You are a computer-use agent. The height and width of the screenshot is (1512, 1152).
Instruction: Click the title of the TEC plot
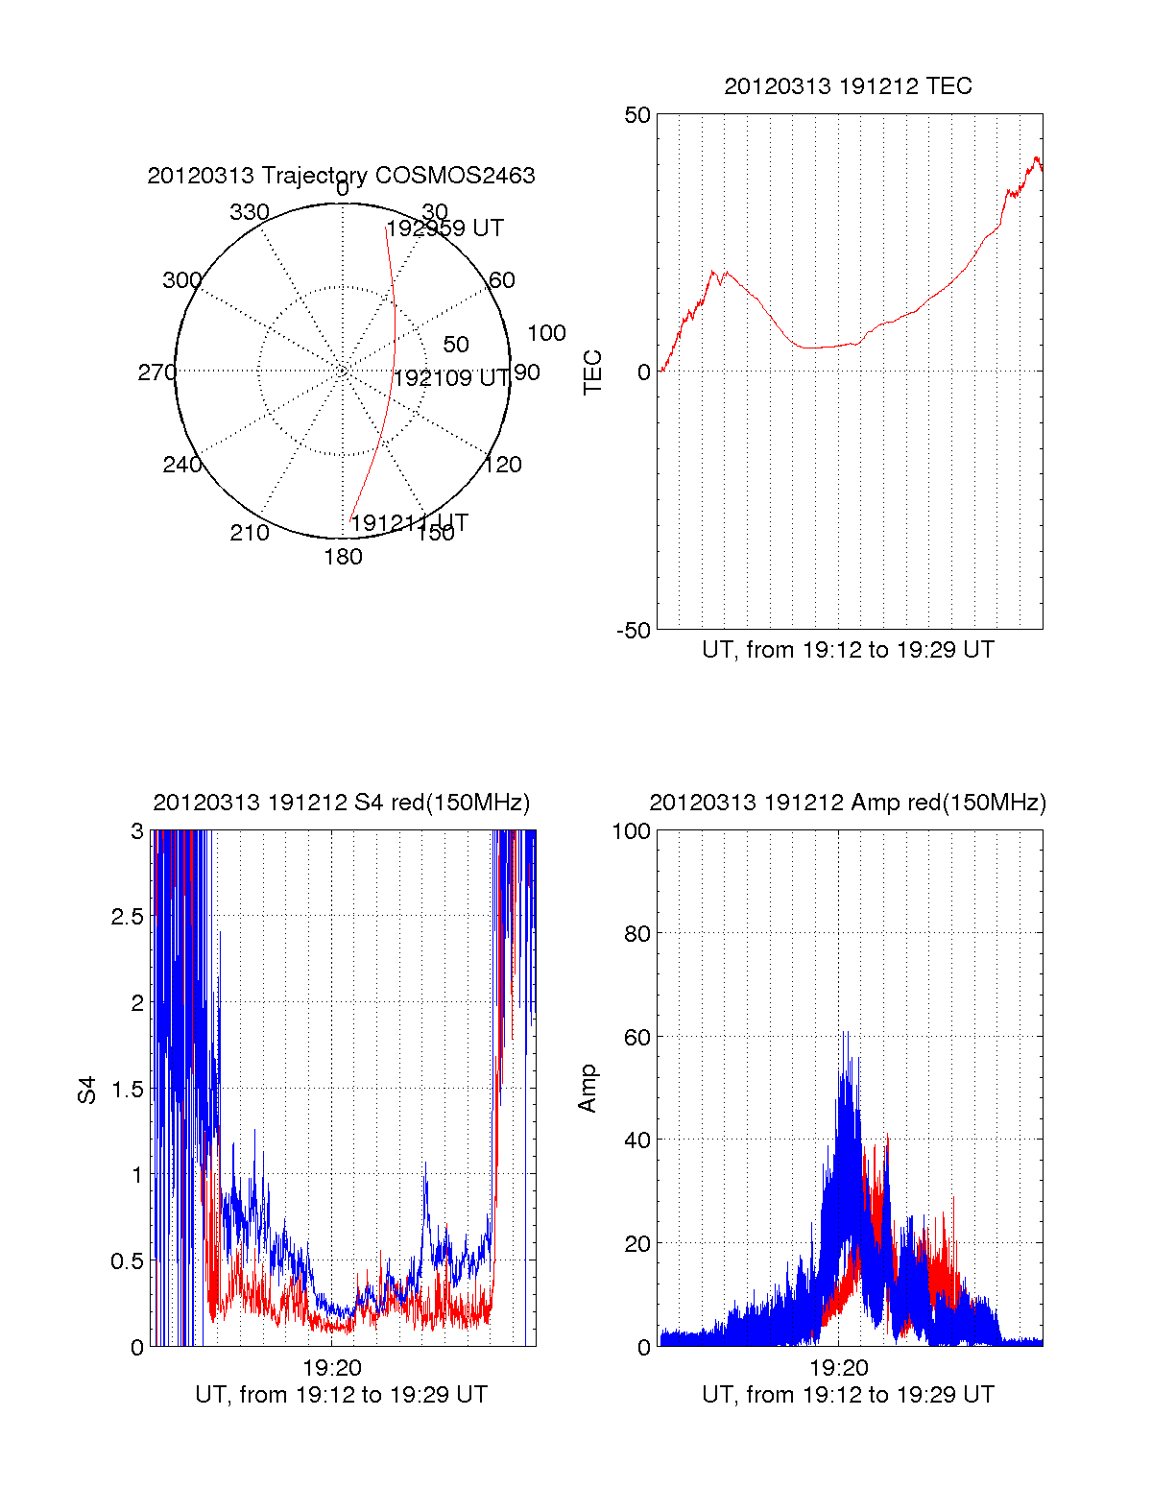848,86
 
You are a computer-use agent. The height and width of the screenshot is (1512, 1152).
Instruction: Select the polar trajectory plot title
341,176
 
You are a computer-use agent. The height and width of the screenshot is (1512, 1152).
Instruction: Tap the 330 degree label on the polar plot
250,212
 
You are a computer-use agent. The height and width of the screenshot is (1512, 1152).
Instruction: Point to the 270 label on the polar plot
156,372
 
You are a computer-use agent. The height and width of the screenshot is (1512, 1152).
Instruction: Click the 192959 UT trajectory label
444,228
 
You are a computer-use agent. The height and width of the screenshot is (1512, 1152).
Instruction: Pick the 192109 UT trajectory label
451,378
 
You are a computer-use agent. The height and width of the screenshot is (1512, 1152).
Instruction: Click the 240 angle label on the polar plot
182,465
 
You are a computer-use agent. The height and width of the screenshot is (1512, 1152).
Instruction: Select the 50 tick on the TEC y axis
637,115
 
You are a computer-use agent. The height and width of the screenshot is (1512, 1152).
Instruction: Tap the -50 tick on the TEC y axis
634,631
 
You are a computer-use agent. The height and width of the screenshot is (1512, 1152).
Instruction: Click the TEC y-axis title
593,372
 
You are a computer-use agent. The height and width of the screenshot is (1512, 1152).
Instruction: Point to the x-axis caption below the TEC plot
848,650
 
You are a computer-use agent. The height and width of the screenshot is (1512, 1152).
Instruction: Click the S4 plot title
341,803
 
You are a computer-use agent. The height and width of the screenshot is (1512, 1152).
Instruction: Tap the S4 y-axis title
87,1090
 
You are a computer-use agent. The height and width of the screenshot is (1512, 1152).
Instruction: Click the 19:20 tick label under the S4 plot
331,1368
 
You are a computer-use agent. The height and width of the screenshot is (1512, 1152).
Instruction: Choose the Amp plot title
848,803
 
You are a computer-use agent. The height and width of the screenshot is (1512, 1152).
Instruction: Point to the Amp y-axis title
588,1089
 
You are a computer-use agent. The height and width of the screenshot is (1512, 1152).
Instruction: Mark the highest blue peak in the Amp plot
845,1033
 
